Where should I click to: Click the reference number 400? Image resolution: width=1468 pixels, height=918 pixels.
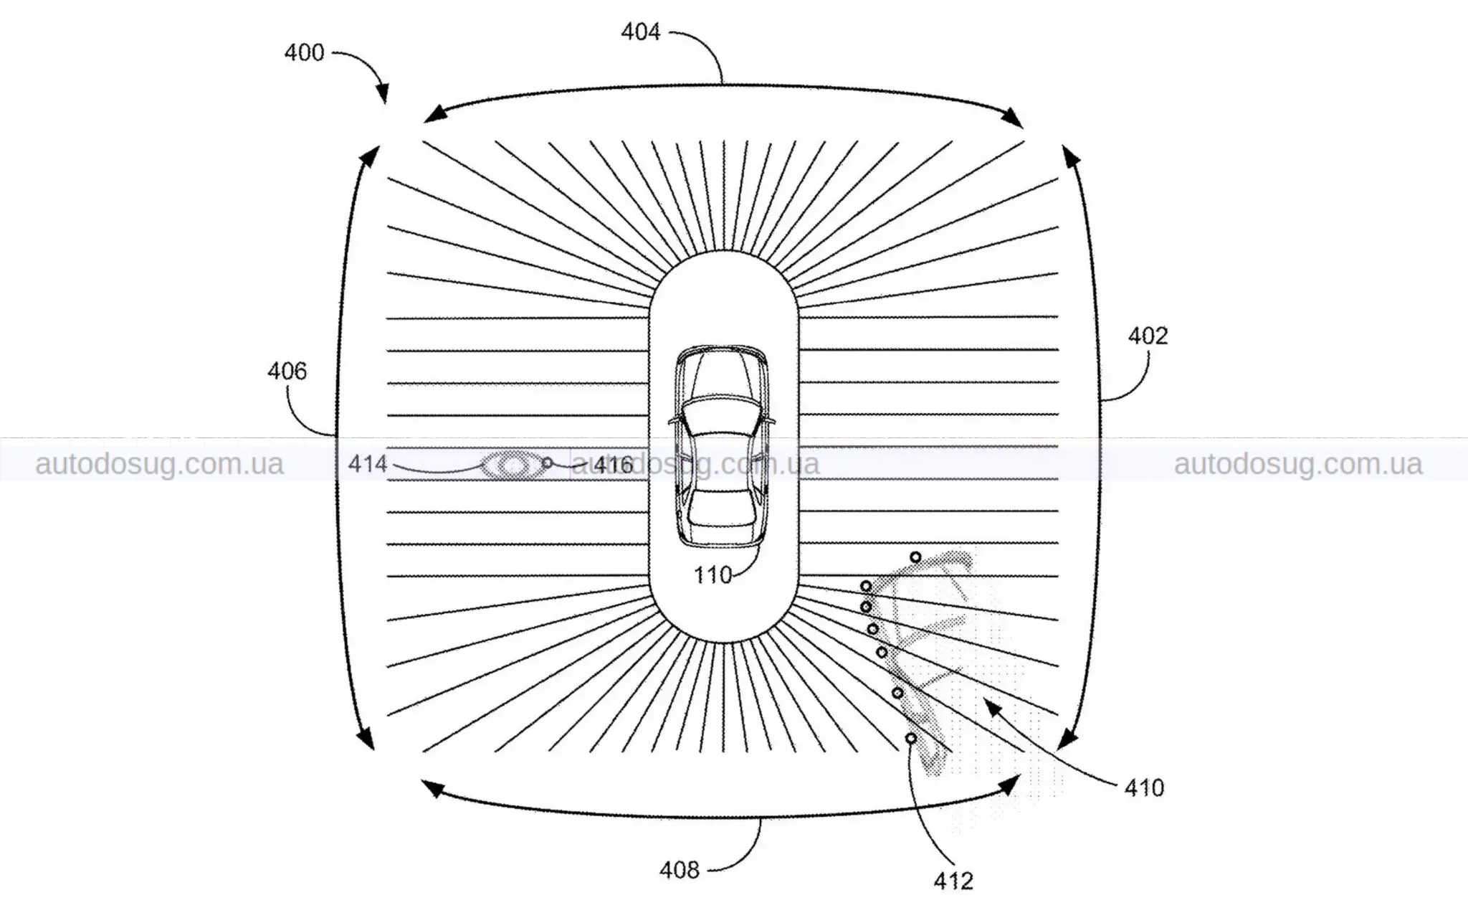304,53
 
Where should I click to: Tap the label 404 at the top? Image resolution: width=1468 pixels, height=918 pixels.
640,32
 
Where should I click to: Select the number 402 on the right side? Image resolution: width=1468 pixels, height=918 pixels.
1148,336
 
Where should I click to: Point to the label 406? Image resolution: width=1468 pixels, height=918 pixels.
287,371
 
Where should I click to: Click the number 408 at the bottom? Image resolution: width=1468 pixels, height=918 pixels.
679,870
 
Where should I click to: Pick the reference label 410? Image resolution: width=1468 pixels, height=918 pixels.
1144,788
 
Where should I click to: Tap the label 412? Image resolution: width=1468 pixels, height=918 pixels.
953,881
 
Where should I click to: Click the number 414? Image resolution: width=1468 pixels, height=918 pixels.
368,464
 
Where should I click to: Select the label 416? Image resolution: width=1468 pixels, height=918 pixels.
614,465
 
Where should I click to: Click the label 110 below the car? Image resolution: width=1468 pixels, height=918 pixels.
712,574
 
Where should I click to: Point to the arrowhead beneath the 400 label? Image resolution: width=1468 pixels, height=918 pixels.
383,93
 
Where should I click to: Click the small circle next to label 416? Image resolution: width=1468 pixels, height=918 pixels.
548,463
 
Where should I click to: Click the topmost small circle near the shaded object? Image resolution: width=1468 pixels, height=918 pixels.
915,557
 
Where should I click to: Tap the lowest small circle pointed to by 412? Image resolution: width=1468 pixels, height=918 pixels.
911,738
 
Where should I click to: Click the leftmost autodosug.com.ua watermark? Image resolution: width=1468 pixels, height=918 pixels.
159,465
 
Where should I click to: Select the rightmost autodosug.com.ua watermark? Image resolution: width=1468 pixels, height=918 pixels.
1298,465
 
